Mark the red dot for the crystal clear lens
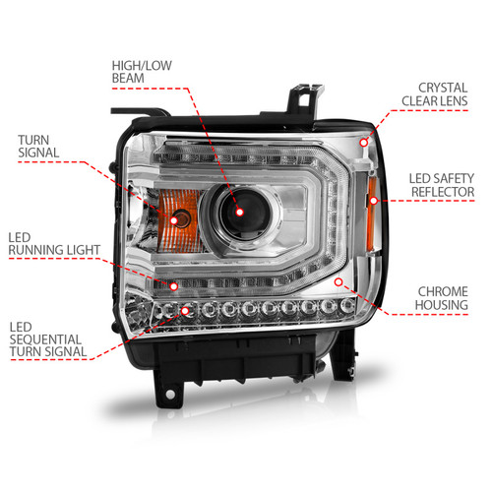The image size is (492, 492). tap(364, 144)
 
